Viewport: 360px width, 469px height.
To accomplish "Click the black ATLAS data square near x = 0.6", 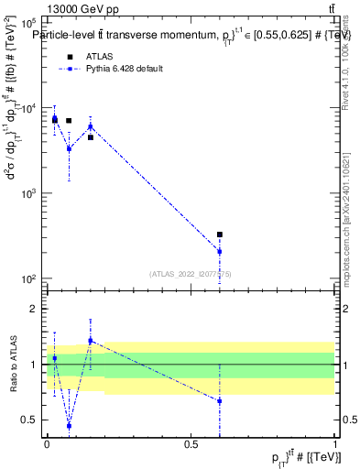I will pos(220,234).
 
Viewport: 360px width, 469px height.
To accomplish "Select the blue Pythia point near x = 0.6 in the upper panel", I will pos(220,251).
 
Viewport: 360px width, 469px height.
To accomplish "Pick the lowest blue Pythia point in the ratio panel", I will pos(69,426).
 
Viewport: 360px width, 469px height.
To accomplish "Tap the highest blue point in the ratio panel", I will pos(90,341).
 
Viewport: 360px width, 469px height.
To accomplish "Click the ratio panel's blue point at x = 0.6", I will pos(220,401).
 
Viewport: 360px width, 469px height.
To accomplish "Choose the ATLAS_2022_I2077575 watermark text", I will pos(190,273).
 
